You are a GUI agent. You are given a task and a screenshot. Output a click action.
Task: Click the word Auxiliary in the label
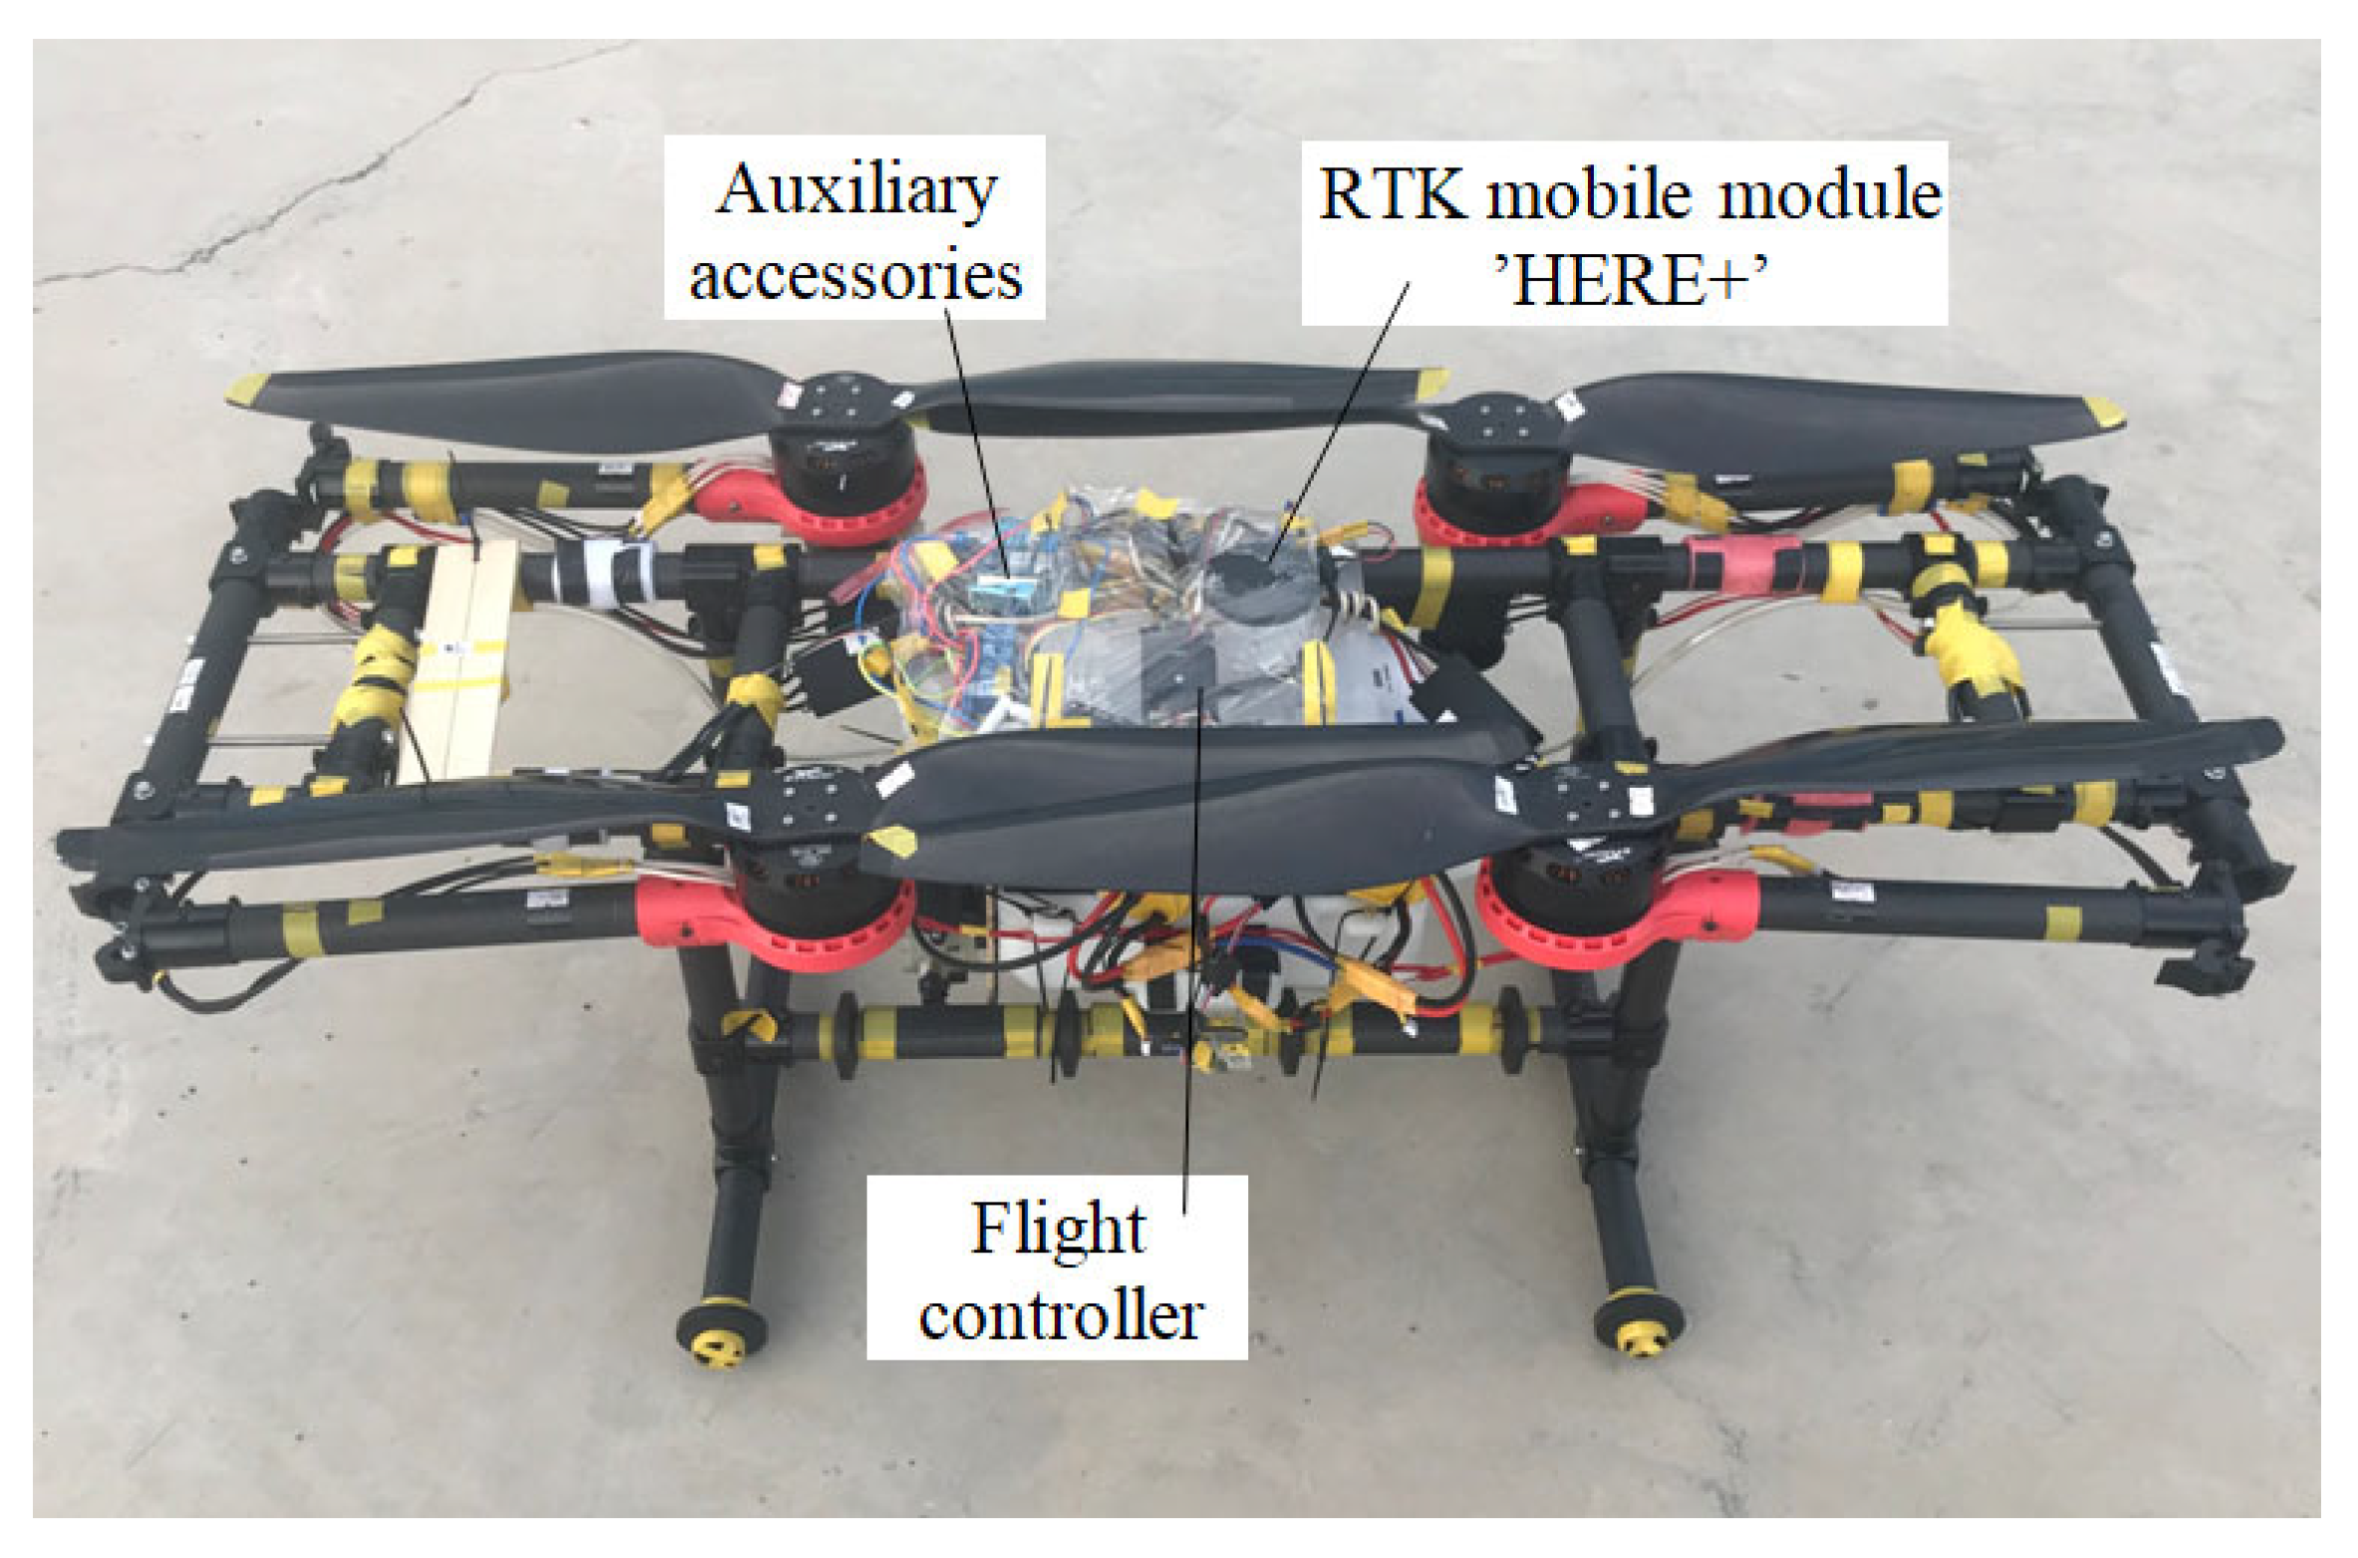click(x=856, y=189)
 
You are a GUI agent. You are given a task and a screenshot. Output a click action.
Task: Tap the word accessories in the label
click(x=856, y=276)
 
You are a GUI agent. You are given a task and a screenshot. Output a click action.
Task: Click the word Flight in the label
click(x=1057, y=1228)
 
